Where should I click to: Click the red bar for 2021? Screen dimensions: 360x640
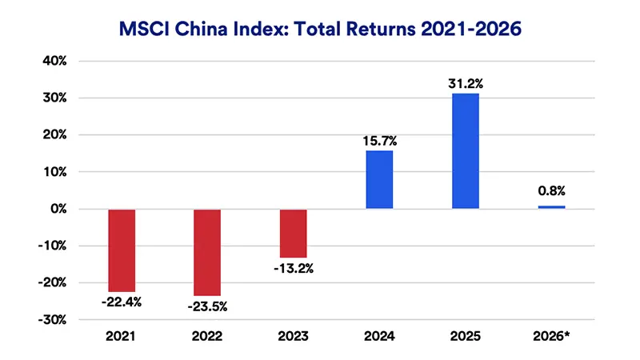[121, 250]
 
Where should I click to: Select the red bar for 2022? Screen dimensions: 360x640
[207, 252]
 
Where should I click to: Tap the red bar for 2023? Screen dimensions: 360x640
[293, 233]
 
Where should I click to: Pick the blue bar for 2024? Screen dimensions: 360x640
[379, 179]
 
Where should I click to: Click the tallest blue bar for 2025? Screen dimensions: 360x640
[466, 151]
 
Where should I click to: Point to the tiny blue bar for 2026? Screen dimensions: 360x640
[551, 207]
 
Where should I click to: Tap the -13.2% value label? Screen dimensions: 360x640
[293, 267]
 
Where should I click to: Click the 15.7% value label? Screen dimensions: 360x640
[379, 141]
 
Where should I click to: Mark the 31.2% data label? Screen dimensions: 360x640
[466, 83]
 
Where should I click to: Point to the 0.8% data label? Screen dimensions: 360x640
[551, 192]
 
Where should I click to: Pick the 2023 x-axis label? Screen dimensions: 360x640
[293, 338]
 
